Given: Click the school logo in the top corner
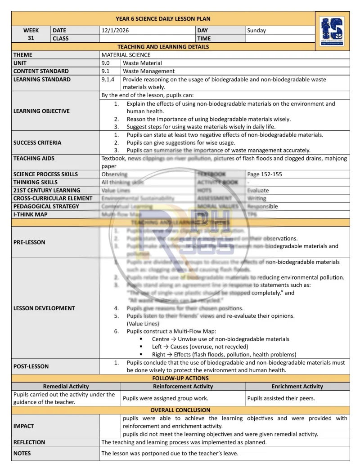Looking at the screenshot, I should tap(332, 31).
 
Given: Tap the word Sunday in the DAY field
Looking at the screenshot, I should tap(256, 31).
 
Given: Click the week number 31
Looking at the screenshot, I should tap(31, 38).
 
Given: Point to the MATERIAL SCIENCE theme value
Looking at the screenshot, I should tap(126, 55).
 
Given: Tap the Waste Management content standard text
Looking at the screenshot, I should tap(148, 71).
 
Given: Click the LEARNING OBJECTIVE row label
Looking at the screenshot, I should tap(41, 111).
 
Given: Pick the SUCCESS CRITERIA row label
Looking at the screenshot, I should tap(37, 142).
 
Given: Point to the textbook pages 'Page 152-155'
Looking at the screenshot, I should tap(265, 174).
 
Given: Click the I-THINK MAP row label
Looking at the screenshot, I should tap(30, 214).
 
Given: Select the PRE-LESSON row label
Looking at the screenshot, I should tap(29, 242).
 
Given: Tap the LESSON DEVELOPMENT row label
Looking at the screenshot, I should tap(44, 308).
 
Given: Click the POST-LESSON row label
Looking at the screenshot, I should tap(31, 366).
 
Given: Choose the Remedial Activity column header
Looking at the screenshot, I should tap(66, 386).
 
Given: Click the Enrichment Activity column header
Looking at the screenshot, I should tap(297, 386).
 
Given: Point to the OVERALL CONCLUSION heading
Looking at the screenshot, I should tap(180, 410).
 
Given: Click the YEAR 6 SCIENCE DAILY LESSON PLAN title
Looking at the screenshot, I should tap(163, 19).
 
